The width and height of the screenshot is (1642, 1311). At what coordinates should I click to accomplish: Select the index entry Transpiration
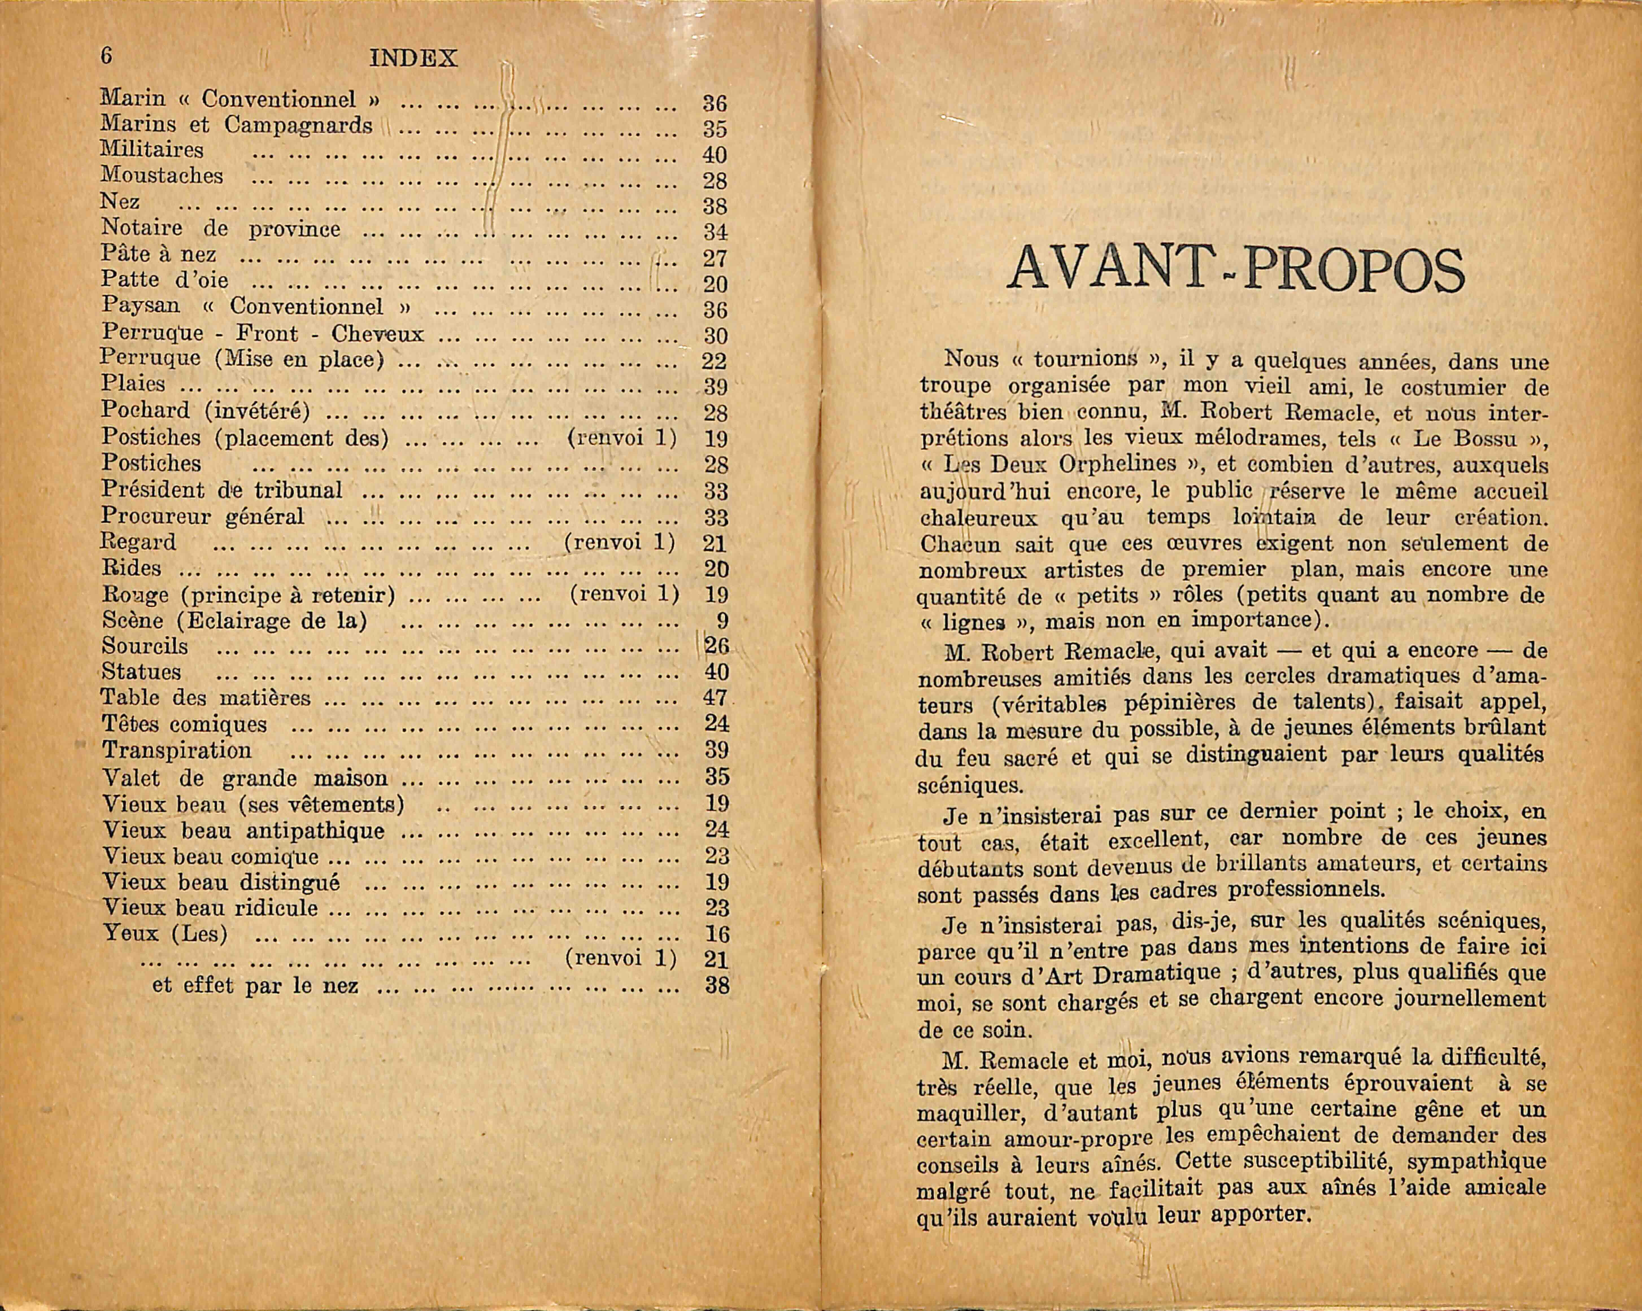[177, 751]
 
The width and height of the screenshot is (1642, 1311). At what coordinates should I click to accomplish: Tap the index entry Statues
[142, 672]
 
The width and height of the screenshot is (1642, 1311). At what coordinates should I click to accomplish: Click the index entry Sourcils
[145, 646]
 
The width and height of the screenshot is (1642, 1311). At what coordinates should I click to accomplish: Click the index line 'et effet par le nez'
[254, 986]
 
